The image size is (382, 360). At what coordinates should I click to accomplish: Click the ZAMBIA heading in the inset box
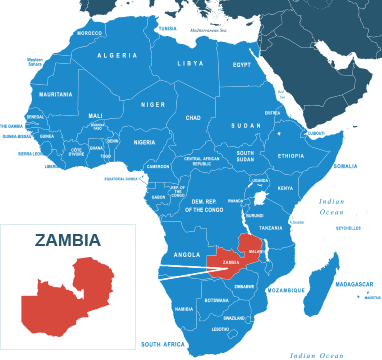pos(67,240)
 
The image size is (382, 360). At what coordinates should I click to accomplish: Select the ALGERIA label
pos(117,56)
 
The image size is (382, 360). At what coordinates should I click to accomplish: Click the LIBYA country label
pos(190,63)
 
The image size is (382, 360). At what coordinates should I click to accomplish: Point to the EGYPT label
pos(241,65)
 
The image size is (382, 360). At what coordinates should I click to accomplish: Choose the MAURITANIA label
pos(56,94)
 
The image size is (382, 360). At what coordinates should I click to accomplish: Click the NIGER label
pos(153,104)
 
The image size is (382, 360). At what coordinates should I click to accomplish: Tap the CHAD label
pos(193,117)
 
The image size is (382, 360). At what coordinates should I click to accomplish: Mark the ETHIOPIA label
pos(290,156)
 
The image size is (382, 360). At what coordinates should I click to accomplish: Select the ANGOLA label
pos(186,254)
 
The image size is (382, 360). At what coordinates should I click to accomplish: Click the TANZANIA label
pos(271,228)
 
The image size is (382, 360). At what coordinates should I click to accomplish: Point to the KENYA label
pos(285,188)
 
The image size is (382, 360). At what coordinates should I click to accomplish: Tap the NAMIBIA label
pos(184,309)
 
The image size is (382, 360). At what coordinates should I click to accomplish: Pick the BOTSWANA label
pos(216,300)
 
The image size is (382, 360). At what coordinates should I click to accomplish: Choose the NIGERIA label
pos(145,142)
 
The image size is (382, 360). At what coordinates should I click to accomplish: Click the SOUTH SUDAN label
pos(245,156)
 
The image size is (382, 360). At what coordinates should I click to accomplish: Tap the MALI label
pos(96,116)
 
